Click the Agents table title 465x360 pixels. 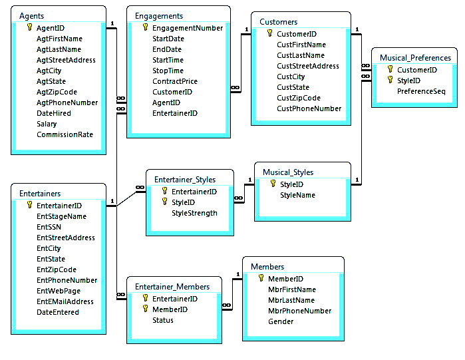point(31,16)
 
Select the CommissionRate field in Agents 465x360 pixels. point(65,134)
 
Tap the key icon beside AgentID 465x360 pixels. point(29,27)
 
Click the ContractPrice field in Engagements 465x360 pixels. point(175,81)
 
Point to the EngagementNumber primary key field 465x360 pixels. point(188,28)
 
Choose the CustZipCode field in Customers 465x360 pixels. point(299,98)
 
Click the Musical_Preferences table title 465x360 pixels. point(415,58)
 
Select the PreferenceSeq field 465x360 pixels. point(421,91)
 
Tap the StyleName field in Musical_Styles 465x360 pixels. point(297,195)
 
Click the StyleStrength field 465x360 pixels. point(194,213)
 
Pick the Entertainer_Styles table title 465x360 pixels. point(185,180)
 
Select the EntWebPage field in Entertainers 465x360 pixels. point(59,291)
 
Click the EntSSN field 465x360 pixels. point(49,227)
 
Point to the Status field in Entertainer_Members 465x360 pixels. point(163,320)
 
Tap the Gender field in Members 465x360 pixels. point(281,322)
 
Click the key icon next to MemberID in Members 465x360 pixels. point(261,278)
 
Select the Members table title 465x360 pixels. point(267,267)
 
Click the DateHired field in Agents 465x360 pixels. point(54,113)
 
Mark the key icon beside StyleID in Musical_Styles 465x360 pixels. point(273,184)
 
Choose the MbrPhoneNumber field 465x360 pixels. point(299,311)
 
